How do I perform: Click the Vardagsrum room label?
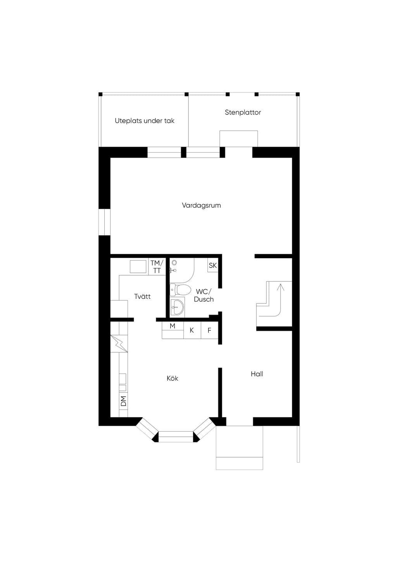point(201,205)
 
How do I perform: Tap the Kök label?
point(172,378)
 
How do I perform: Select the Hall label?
point(257,374)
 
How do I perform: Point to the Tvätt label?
point(142,296)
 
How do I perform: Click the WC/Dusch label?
point(204,295)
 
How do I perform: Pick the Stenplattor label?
point(243,112)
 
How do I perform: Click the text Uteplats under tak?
point(145,121)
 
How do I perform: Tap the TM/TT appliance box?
point(157,267)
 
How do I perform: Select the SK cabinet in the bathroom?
point(212,265)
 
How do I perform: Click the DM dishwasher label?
point(123,401)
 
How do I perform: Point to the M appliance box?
point(173,331)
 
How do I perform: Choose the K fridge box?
point(192,331)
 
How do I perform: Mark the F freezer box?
point(209,331)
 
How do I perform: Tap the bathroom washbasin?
point(178,306)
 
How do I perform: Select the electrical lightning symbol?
point(119,344)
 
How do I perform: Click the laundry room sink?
point(138,267)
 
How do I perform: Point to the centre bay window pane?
point(176,437)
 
